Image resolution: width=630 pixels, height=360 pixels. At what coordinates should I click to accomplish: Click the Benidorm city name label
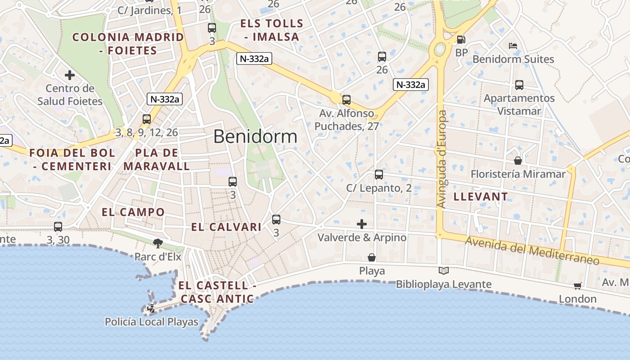tap(255, 136)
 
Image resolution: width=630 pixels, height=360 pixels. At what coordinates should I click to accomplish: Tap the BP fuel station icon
tap(461, 40)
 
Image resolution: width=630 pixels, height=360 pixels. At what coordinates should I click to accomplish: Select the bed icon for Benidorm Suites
tap(513, 45)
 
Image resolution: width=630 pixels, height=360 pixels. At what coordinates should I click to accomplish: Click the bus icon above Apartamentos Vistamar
tap(519, 85)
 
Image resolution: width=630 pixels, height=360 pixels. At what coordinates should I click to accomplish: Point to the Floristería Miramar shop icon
tap(518, 160)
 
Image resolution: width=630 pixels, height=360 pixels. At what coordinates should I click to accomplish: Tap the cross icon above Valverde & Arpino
tap(361, 224)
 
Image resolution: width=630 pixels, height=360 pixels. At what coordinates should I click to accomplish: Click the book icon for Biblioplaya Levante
tap(444, 270)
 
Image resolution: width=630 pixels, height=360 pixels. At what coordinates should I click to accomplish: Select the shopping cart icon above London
tap(578, 286)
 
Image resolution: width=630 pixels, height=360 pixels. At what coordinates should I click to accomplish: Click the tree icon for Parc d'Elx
tap(157, 243)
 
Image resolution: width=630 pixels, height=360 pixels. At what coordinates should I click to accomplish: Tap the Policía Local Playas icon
tap(151, 309)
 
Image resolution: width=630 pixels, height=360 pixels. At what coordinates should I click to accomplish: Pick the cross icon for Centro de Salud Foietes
tap(69, 75)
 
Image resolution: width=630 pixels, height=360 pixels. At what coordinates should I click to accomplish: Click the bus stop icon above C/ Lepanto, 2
tap(379, 174)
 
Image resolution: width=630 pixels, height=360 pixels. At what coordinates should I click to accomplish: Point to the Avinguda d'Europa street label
tap(441, 159)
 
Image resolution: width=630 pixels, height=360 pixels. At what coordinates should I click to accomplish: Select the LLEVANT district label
tap(481, 196)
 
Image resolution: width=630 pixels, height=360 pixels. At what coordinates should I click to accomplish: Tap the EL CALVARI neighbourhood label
tap(226, 227)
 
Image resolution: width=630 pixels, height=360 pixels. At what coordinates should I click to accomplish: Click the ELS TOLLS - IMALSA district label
tap(272, 30)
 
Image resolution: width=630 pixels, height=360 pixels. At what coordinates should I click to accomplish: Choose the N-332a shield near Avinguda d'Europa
tap(410, 84)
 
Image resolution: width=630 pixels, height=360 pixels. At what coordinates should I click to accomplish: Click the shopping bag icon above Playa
tap(372, 257)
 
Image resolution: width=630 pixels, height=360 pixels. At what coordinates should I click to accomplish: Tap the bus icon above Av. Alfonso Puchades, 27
tap(346, 99)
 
